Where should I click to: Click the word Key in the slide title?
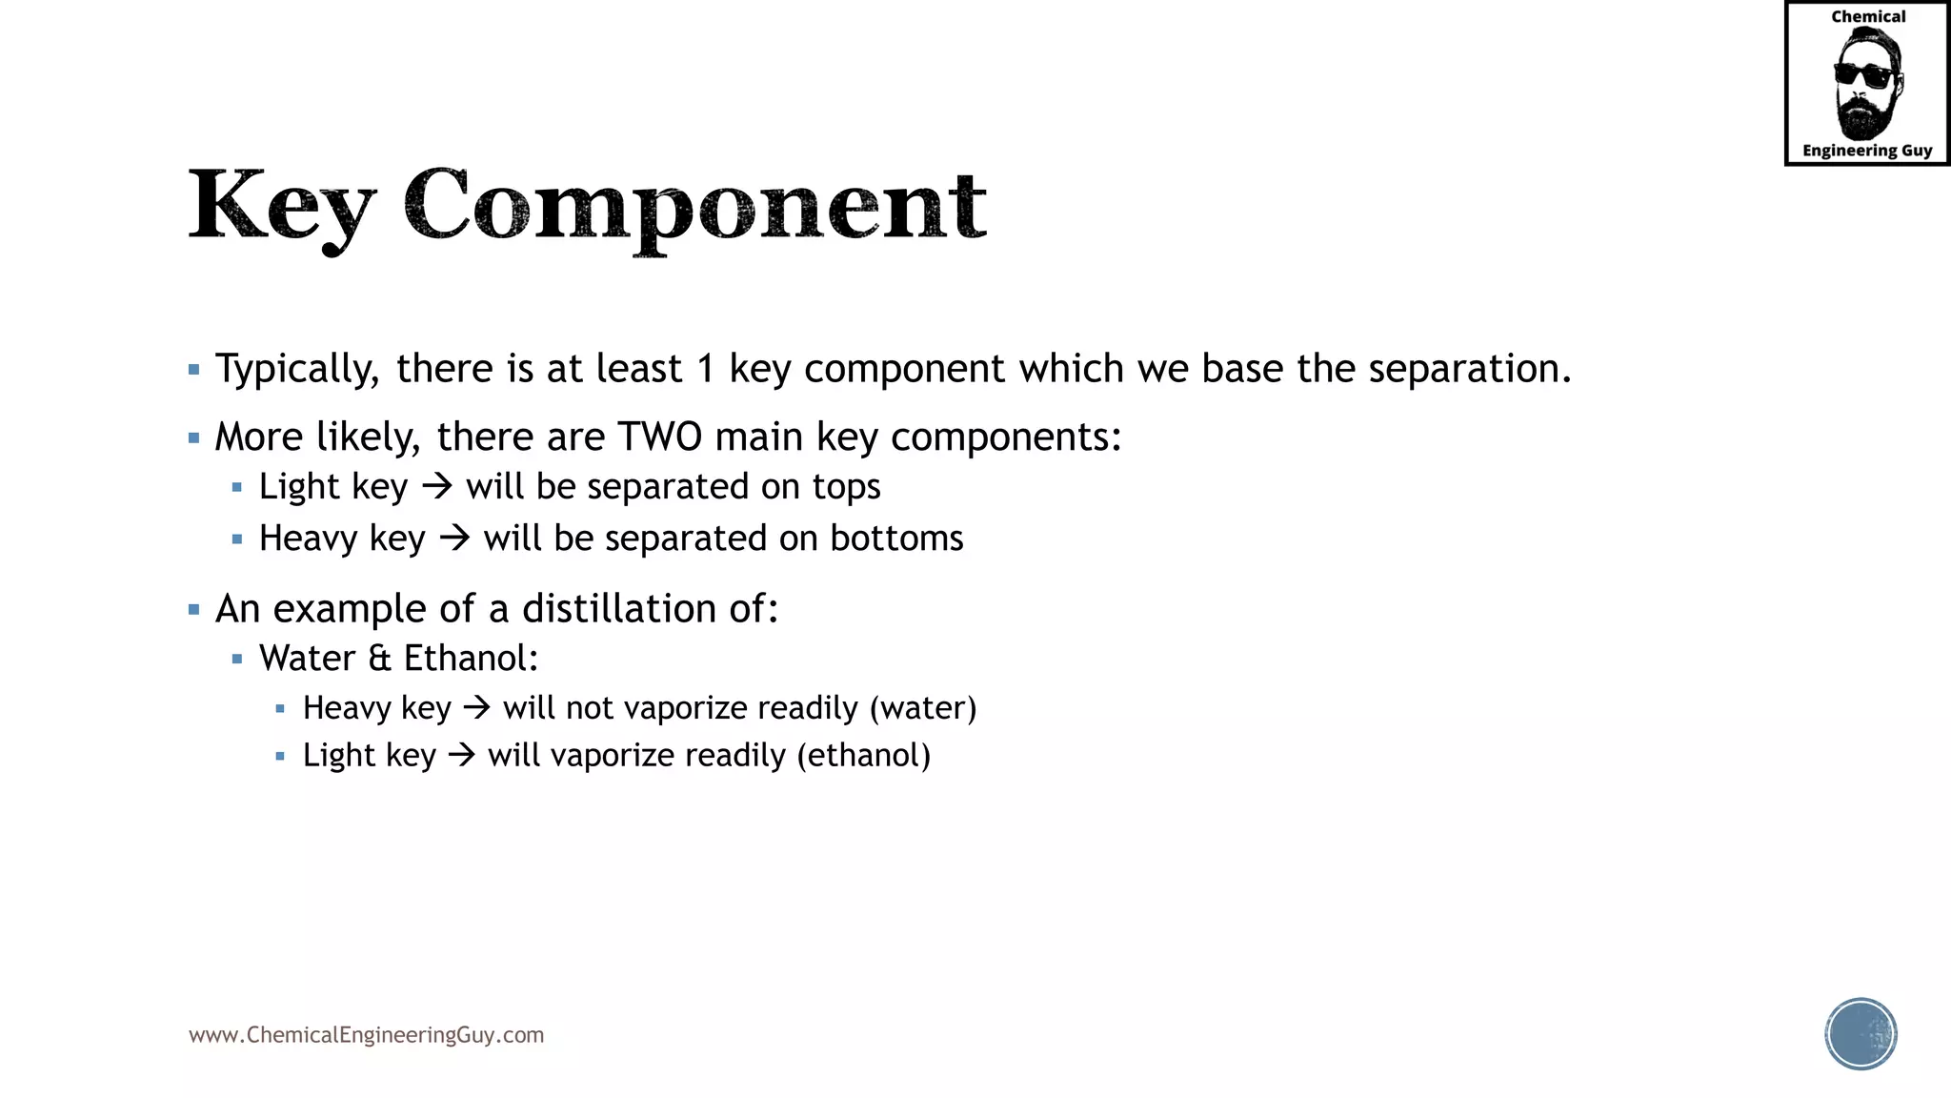(x=281, y=204)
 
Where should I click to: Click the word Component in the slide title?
(x=694, y=206)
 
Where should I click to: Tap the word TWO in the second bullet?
(x=660, y=437)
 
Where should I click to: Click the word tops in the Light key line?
(x=846, y=487)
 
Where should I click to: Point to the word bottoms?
(x=896, y=539)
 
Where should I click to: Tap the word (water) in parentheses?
(x=923, y=708)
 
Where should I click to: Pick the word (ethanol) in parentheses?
(x=864, y=756)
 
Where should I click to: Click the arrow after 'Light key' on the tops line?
(x=437, y=487)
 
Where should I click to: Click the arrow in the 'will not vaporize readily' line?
(x=476, y=708)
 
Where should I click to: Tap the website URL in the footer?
(x=367, y=1035)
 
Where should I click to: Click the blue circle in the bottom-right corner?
(x=1860, y=1034)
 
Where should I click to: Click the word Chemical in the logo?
(x=1868, y=17)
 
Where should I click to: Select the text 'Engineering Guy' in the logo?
(x=1867, y=151)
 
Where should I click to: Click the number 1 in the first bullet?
(x=706, y=369)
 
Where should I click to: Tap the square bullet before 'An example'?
(x=194, y=610)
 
